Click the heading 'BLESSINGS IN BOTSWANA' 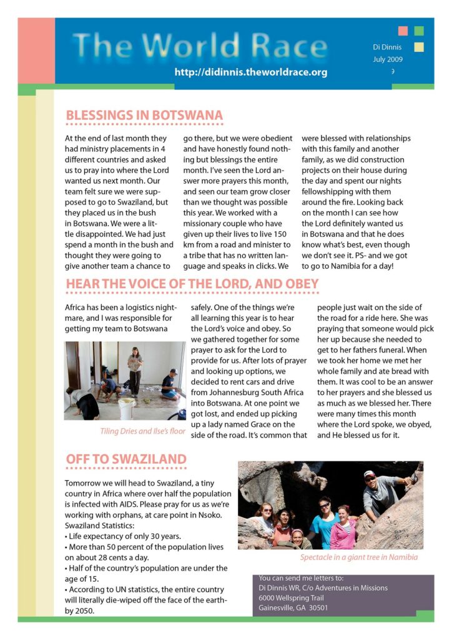[144, 116]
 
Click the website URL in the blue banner [251, 72]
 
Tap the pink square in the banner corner [403, 31]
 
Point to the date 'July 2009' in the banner [388, 59]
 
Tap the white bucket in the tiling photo [127, 409]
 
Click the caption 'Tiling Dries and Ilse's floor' [143, 431]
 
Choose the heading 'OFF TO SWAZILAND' [126, 460]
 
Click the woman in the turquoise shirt [325, 521]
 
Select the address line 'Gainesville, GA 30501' [293, 607]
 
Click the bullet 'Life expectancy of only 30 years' [124, 536]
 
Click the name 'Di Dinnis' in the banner [388, 47]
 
